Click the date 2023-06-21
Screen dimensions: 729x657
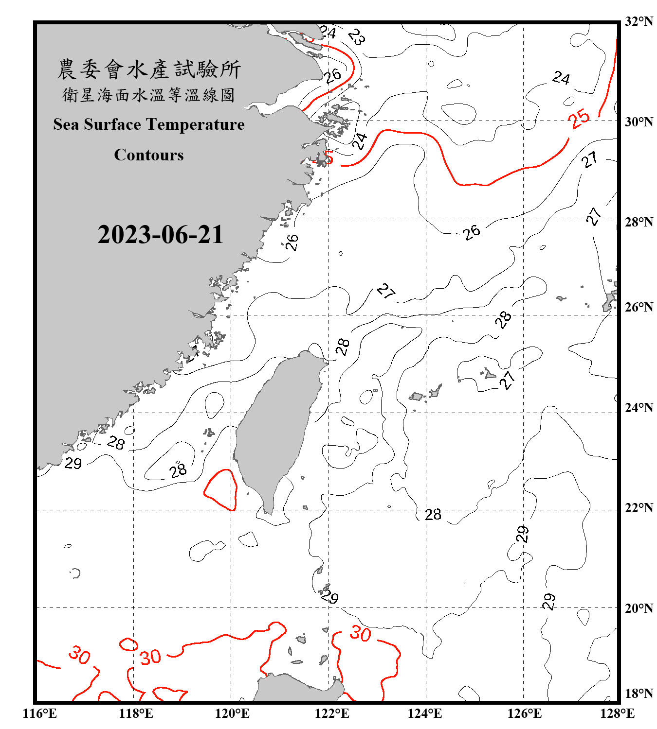(x=160, y=235)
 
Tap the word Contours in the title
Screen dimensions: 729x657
(x=149, y=155)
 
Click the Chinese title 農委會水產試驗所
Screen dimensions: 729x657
(x=149, y=69)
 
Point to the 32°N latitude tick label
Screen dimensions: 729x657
(x=639, y=21)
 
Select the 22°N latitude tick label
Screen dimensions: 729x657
(x=639, y=508)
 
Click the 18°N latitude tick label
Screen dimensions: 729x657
(x=639, y=694)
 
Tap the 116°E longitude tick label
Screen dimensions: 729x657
(x=40, y=713)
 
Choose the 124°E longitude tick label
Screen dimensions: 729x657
(x=425, y=713)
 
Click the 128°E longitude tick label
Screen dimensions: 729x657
(x=617, y=713)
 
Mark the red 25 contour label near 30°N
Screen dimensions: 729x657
(x=580, y=118)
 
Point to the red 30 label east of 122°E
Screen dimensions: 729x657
(x=360, y=633)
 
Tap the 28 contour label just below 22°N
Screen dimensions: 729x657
(x=433, y=515)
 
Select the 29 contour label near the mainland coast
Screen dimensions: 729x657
(x=73, y=463)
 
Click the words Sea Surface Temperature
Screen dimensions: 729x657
(x=149, y=124)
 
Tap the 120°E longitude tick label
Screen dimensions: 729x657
(x=232, y=713)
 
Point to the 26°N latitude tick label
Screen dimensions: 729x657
(x=639, y=307)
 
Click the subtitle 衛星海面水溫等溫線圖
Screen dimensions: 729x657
(x=149, y=95)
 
